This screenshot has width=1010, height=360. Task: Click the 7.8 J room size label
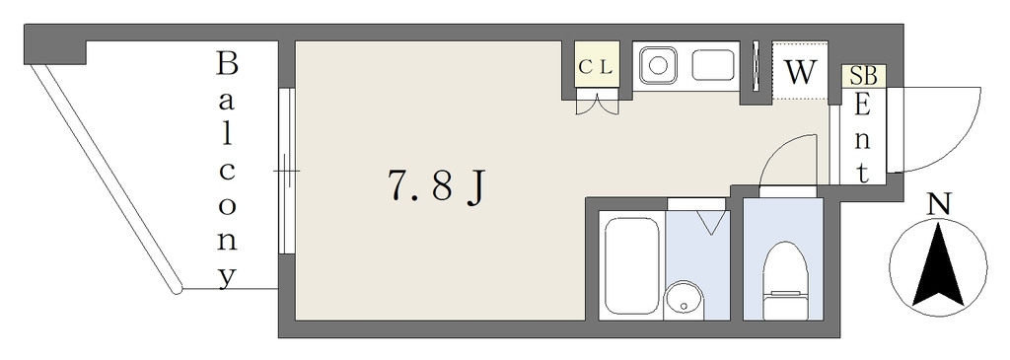point(435,187)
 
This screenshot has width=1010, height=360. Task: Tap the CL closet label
point(596,67)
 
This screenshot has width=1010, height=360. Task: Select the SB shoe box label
point(864,76)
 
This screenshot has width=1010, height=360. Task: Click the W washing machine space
point(801,72)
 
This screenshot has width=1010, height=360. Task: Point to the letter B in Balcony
point(226,64)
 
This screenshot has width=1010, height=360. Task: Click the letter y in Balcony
point(226,277)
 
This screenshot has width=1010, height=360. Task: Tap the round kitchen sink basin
point(658,65)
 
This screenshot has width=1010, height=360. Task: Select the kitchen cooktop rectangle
point(713,65)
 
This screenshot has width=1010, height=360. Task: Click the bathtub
point(632,264)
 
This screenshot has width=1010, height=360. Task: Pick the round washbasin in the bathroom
point(684,300)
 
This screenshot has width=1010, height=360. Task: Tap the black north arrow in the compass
point(939,264)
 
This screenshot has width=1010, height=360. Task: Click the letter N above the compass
point(939,205)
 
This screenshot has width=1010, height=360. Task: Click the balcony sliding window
point(287,171)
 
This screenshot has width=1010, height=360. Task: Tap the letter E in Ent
point(862,106)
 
